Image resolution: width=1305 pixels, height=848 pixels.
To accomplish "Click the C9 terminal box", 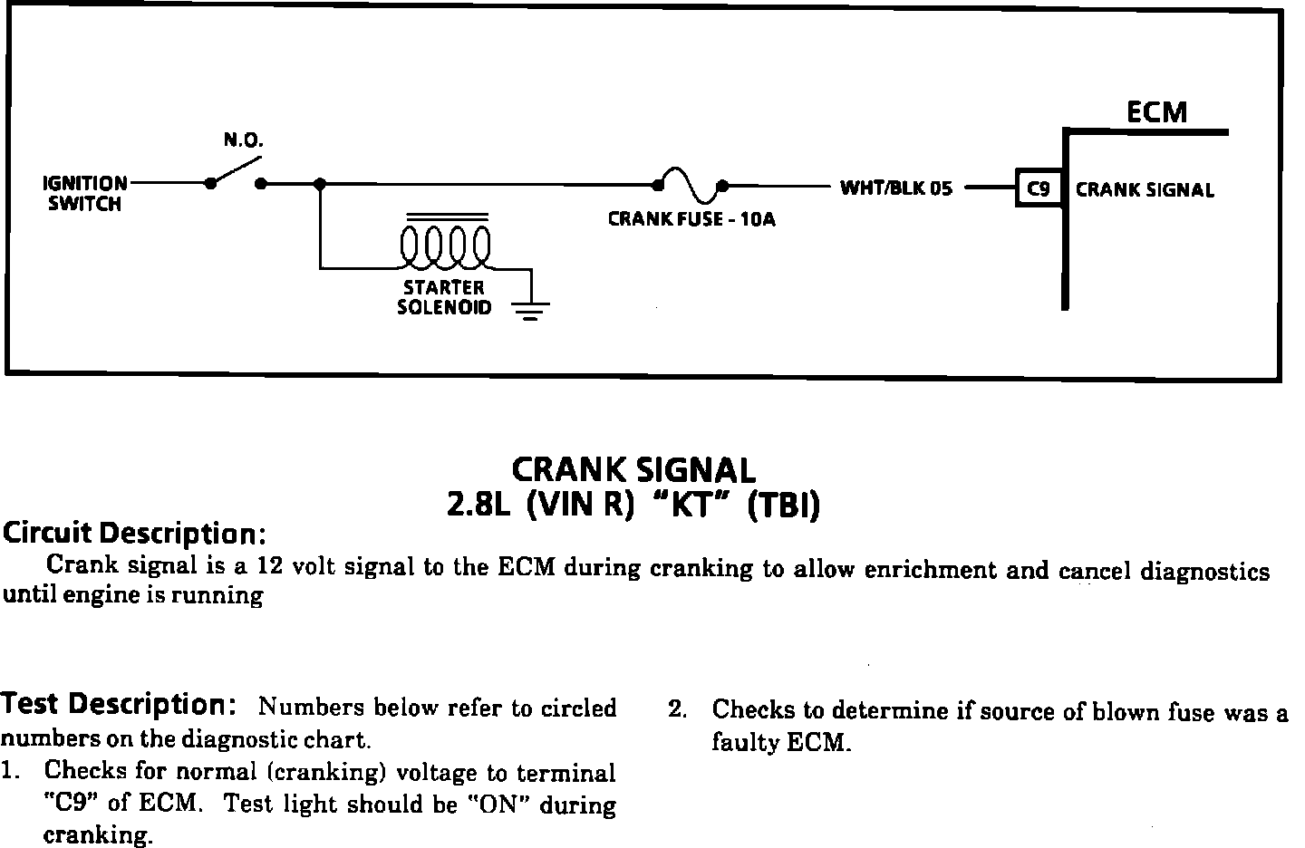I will (x=1039, y=189).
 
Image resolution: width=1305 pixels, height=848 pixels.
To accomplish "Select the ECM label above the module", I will (x=1156, y=111).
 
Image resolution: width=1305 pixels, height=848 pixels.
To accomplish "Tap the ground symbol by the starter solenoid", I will (x=530, y=312).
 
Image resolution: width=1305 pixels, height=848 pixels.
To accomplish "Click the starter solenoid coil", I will (x=446, y=245).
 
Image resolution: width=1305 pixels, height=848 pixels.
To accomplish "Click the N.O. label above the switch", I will (x=243, y=141).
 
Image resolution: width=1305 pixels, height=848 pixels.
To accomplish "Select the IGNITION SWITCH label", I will (x=84, y=194).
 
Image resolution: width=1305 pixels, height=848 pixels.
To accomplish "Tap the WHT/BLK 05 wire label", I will (x=896, y=188).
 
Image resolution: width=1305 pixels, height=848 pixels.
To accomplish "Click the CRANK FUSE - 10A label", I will (x=691, y=219).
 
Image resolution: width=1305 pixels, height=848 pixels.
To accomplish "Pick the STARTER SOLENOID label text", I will (x=444, y=297).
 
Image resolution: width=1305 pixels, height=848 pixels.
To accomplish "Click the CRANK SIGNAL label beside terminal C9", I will (x=1145, y=190).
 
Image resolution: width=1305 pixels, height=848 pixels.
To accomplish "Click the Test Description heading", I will (x=119, y=704).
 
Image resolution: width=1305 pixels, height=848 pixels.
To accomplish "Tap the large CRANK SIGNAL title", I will (x=633, y=469).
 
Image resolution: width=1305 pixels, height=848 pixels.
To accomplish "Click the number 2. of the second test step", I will (x=677, y=709).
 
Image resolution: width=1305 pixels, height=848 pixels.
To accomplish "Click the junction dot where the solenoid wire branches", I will (x=319, y=184).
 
